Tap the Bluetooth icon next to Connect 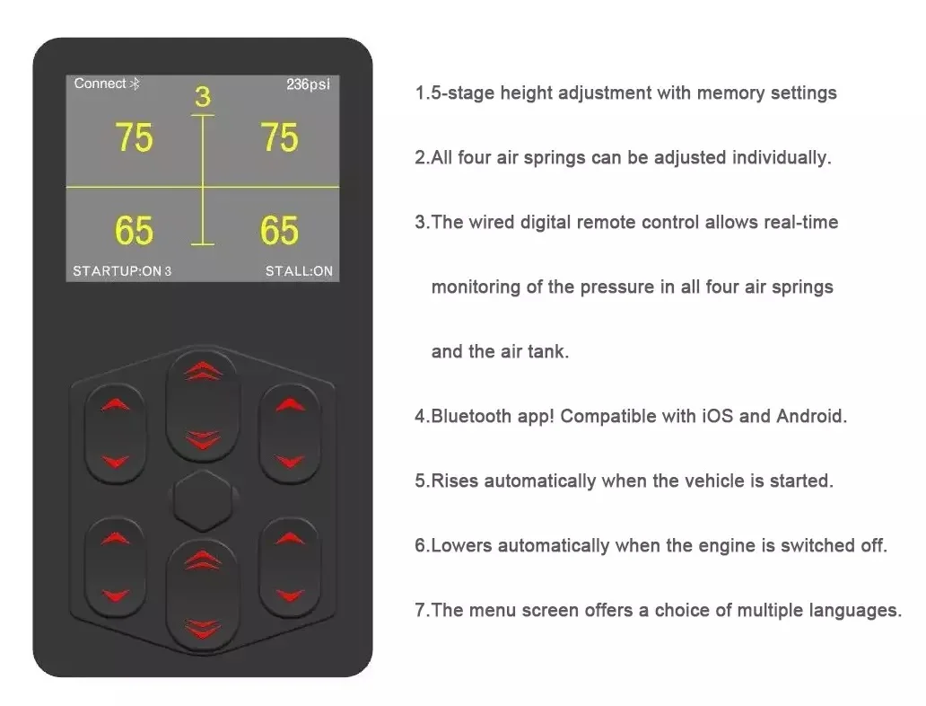click(135, 84)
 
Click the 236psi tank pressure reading click(308, 84)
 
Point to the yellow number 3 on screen click(203, 97)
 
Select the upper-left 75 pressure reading click(134, 137)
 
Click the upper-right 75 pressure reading click(279, 137)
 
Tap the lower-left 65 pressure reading click(134, 230)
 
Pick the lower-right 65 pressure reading click(279, 230)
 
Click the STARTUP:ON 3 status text click(122, 271)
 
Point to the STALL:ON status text click(299, 271)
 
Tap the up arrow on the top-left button click(116, 404)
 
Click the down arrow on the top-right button click(290, 461)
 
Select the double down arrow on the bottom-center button click(203, 629)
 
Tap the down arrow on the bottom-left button click(116, 595)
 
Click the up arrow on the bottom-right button click(290, 538)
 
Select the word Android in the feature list click(811, 416)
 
